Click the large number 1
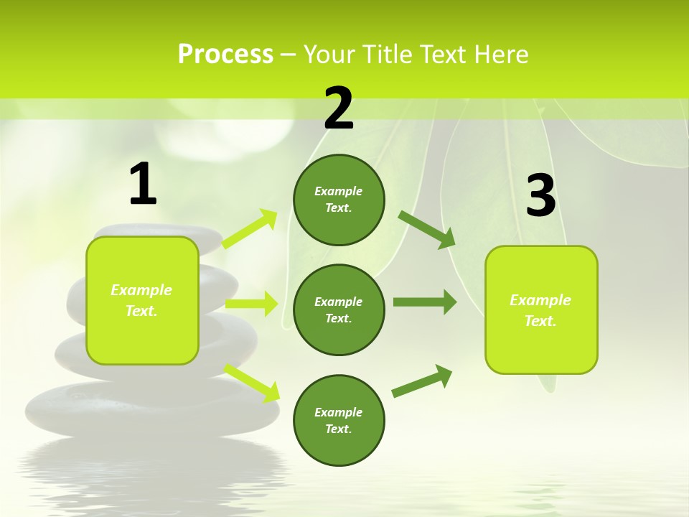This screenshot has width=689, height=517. pos(143,185)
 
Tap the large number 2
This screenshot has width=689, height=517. pos(339,108)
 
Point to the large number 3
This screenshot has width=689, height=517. pos(540,197)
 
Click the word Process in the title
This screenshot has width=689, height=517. pos(225,55)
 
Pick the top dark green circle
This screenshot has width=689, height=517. pos(339,200)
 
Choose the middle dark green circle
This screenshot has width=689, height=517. pos(339,309)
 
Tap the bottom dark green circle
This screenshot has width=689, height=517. pos(339,420)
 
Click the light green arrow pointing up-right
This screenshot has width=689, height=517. pos(250,229)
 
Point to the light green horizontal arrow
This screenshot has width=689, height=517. pos(251,304)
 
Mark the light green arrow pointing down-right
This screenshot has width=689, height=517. pos(252,383)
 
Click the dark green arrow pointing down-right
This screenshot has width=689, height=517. pos(426,229)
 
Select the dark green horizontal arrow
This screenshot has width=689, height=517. pos(425,302)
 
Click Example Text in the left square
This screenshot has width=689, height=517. pos(141,300)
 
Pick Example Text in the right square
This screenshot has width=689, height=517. pos(540,310)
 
